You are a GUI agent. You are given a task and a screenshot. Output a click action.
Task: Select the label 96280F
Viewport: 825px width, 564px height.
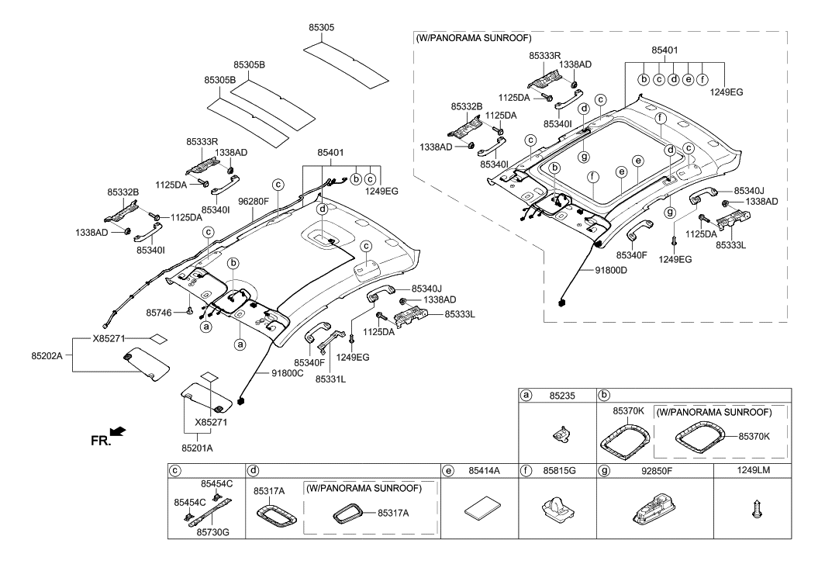(253, 200)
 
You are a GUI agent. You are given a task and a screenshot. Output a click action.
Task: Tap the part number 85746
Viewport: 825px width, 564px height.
(161, 313)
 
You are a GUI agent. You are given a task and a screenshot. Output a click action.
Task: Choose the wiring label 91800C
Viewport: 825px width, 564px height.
(288, 372)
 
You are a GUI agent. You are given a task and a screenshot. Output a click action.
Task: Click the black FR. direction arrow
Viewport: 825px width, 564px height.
(116, 431)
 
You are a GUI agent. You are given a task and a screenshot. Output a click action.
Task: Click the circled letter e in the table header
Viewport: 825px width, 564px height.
(448, 470)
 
